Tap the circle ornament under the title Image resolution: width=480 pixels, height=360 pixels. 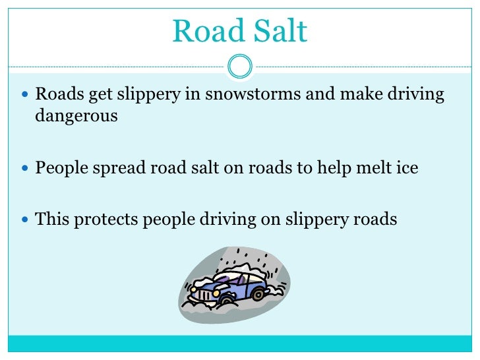[x=240, y=65]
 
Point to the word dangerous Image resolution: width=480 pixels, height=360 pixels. [x=76, y=117]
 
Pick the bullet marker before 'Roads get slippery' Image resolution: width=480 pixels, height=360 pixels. [x=26, y=95]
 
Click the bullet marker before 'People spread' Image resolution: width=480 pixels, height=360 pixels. [x=26, y=168]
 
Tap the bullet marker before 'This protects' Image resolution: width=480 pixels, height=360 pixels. [x=26, y=220]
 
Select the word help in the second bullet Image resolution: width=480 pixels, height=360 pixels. [x=330, y=168]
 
